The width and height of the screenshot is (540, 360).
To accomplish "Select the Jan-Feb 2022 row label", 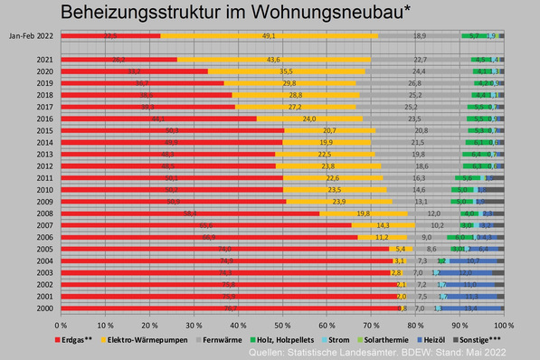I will pyautogui.click(x=30, y=36).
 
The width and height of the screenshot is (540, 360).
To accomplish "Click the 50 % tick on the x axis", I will pyautogui.click(x=283, y=324).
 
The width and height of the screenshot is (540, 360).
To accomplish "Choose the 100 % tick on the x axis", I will pyautogui.click(x=503, y=324).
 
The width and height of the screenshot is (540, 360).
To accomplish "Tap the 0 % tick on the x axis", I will pyautogui.click(x=62, y=324).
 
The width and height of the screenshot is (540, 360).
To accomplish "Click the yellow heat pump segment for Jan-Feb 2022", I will pyautogui.click(x=269, y=36).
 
